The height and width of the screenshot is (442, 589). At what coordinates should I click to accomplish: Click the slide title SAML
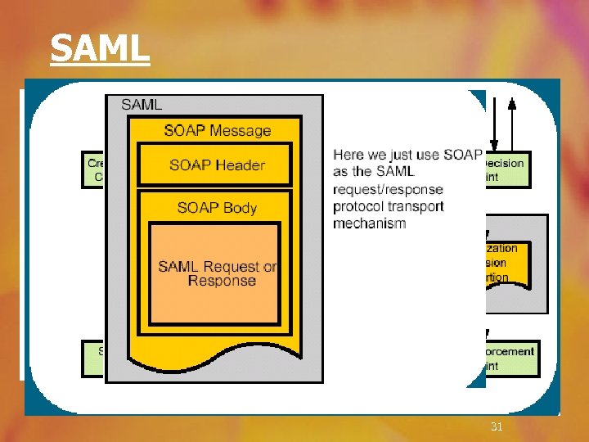click(100, 48)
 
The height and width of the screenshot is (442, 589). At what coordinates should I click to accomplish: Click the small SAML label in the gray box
click(142, 104)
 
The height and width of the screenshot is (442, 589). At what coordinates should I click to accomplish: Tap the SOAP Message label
click(217, 130)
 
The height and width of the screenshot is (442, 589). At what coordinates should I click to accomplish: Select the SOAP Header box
click(217, 165)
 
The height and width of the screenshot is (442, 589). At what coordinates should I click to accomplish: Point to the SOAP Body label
click(217, 207)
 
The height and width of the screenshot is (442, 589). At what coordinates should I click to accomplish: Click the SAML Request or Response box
click(218, 273)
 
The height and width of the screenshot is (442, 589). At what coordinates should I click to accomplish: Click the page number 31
click(496, 426)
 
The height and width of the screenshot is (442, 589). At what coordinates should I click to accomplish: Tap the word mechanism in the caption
click(369, 223)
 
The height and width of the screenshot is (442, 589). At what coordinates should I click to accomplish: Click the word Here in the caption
click(348, 155)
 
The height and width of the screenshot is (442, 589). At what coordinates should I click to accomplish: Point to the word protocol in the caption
click(360, 206)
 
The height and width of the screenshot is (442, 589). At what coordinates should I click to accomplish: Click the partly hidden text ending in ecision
click(506, 163)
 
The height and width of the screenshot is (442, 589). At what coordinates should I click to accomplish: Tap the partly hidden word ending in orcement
click(510, 351)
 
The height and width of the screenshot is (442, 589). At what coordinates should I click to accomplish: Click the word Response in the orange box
click(222, 281)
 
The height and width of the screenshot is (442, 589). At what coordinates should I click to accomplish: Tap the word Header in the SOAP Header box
click(239, 165)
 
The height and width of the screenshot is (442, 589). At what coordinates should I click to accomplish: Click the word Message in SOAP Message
click(240, 130)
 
